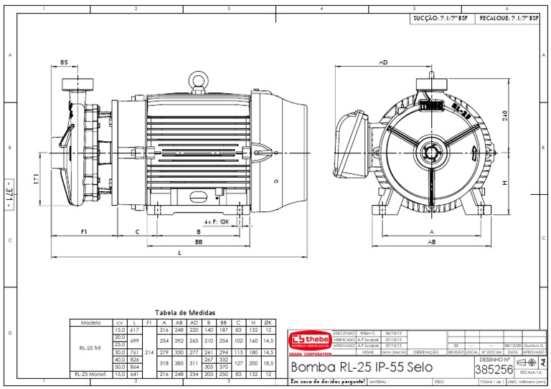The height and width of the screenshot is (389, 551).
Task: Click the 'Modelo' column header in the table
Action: [x=90, y=322]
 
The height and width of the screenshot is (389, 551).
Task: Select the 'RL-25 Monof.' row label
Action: [x=90, y=375]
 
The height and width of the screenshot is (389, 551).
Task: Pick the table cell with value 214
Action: [x=149, y=352]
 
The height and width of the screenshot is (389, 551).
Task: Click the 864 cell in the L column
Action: [x=135, y=366]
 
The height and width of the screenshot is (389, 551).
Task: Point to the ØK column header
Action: [x=268, y=322]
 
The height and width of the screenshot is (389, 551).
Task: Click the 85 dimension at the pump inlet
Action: [x=64, y=63]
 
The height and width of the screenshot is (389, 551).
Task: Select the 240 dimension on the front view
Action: [x=505, y=115]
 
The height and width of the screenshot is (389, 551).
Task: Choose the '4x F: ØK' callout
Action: [x=217, y=222]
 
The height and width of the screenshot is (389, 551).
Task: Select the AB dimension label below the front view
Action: [x=432, y=243]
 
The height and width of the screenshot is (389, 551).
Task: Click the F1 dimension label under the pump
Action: [x=84, y=232]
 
